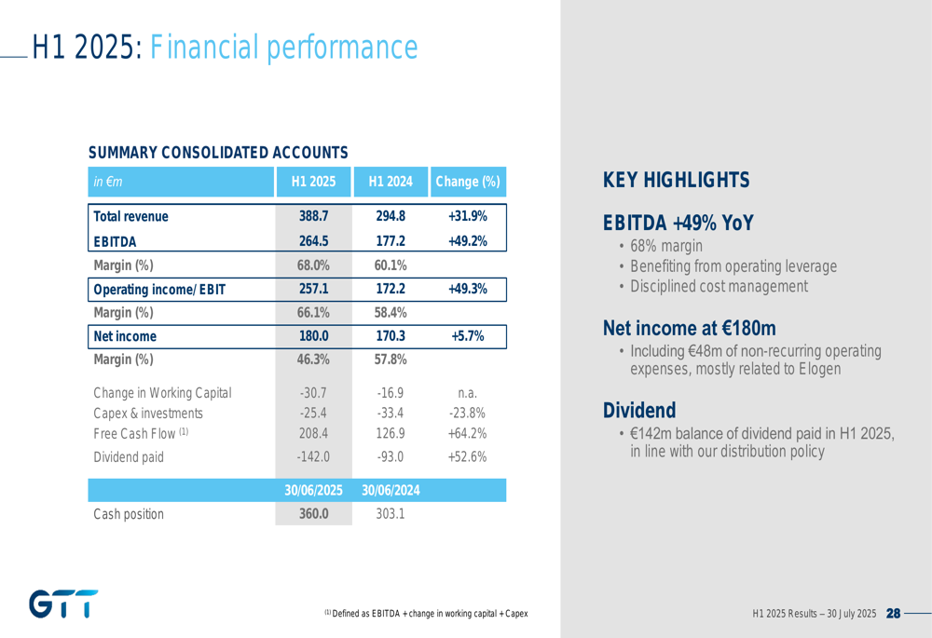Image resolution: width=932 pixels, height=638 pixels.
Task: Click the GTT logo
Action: point(62,604)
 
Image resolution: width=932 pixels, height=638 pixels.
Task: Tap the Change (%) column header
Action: point(467,180)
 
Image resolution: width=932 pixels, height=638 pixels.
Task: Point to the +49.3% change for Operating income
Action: point(467,289)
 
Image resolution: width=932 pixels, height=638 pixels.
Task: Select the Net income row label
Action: point(125,336)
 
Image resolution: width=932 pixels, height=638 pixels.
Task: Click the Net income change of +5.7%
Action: point(467,336)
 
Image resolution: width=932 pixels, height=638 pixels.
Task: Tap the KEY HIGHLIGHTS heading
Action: point(676,180)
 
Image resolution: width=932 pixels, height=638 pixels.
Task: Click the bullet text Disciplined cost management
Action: point(718,287)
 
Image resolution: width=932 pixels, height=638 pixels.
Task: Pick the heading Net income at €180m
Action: point(689,328)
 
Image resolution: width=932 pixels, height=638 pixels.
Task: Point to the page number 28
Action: point(893,614)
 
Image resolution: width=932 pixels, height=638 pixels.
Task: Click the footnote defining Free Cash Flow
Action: point(426,614)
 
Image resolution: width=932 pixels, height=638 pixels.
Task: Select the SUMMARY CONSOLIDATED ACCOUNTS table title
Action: point(218,152)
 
